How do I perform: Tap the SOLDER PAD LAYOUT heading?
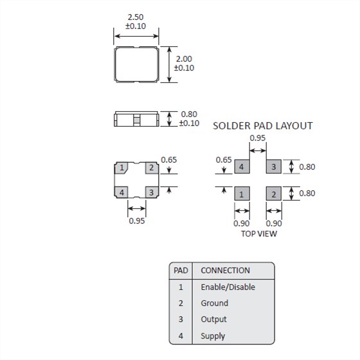coord(262,126)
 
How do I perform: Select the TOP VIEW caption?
coord(258,233)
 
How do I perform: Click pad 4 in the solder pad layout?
coord(241,167)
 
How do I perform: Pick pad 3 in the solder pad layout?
coord(273,167)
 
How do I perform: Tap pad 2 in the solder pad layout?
coord(273,194)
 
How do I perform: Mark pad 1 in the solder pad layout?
coord(241,194)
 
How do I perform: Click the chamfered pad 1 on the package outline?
coord(122,168)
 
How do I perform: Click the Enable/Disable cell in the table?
coord(228,287)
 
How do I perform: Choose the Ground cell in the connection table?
coord(214,303)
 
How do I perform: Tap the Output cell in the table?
coord(213,319)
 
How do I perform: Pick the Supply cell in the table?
coord(213,336)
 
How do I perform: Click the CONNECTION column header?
coord(225,270)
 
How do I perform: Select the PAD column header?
coord(181,270)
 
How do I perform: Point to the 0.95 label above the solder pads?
coord(257,138)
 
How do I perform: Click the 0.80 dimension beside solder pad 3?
coord(307,166)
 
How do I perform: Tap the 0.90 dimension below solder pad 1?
coord(241,223)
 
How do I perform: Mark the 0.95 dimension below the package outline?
coord(136,221)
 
